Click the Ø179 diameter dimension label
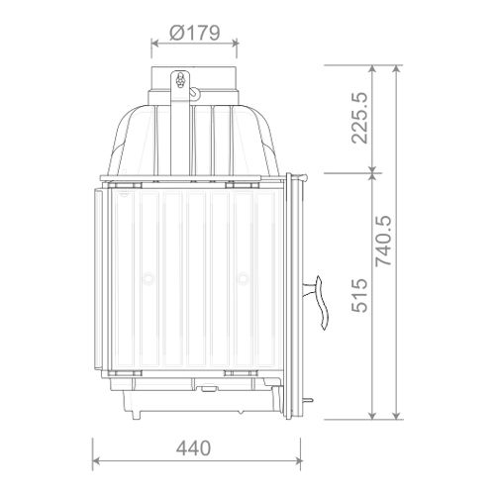pyautogui.click(x=195, y=33)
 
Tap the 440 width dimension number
pyautogui.click(x=193, y=448)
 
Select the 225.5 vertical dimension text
pyautogui.click(x=359, y=118)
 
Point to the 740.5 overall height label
pyautogui.click(x=384, y=242)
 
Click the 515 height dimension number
pyautogui.click(x=359, y=295)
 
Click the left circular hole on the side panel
pyautogui.click(x=148, y=279)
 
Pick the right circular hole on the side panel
pyautogui.click(x=243, y=279)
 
